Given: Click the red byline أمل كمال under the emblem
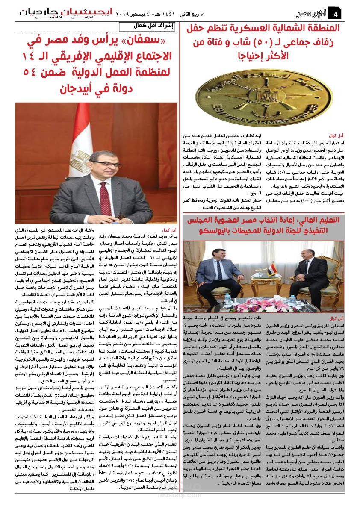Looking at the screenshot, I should tap(344, 135).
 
